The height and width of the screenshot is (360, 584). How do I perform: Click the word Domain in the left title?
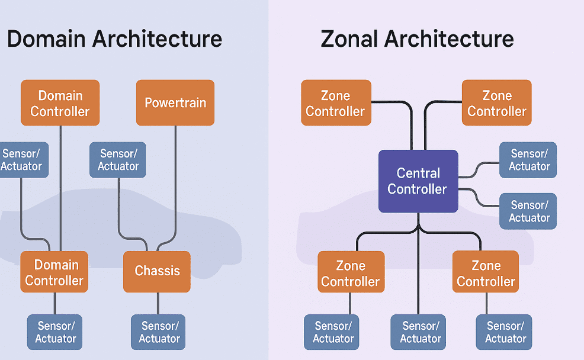47,39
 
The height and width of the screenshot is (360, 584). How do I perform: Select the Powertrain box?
175,102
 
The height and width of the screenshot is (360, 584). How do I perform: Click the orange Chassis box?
157,271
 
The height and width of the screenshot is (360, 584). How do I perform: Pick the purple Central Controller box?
418,181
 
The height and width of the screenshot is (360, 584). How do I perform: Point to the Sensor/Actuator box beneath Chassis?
158,332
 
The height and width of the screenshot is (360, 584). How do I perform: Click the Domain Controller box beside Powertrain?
60,103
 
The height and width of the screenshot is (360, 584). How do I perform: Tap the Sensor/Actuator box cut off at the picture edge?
23,160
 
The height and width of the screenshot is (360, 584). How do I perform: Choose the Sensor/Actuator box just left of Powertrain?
118,160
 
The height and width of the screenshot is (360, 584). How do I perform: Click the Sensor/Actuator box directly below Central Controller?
420,332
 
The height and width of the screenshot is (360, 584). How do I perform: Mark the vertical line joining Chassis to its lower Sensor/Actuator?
158,303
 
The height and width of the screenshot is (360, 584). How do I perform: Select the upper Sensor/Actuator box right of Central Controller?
528,160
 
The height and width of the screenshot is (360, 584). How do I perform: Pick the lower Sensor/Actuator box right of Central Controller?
528,211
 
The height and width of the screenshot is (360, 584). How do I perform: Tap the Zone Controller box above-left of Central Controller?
336,103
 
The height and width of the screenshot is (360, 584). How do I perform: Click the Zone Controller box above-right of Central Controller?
496,103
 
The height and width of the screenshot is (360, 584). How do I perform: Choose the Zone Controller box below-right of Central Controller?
486,272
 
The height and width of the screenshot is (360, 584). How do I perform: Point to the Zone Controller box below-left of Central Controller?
351,272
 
